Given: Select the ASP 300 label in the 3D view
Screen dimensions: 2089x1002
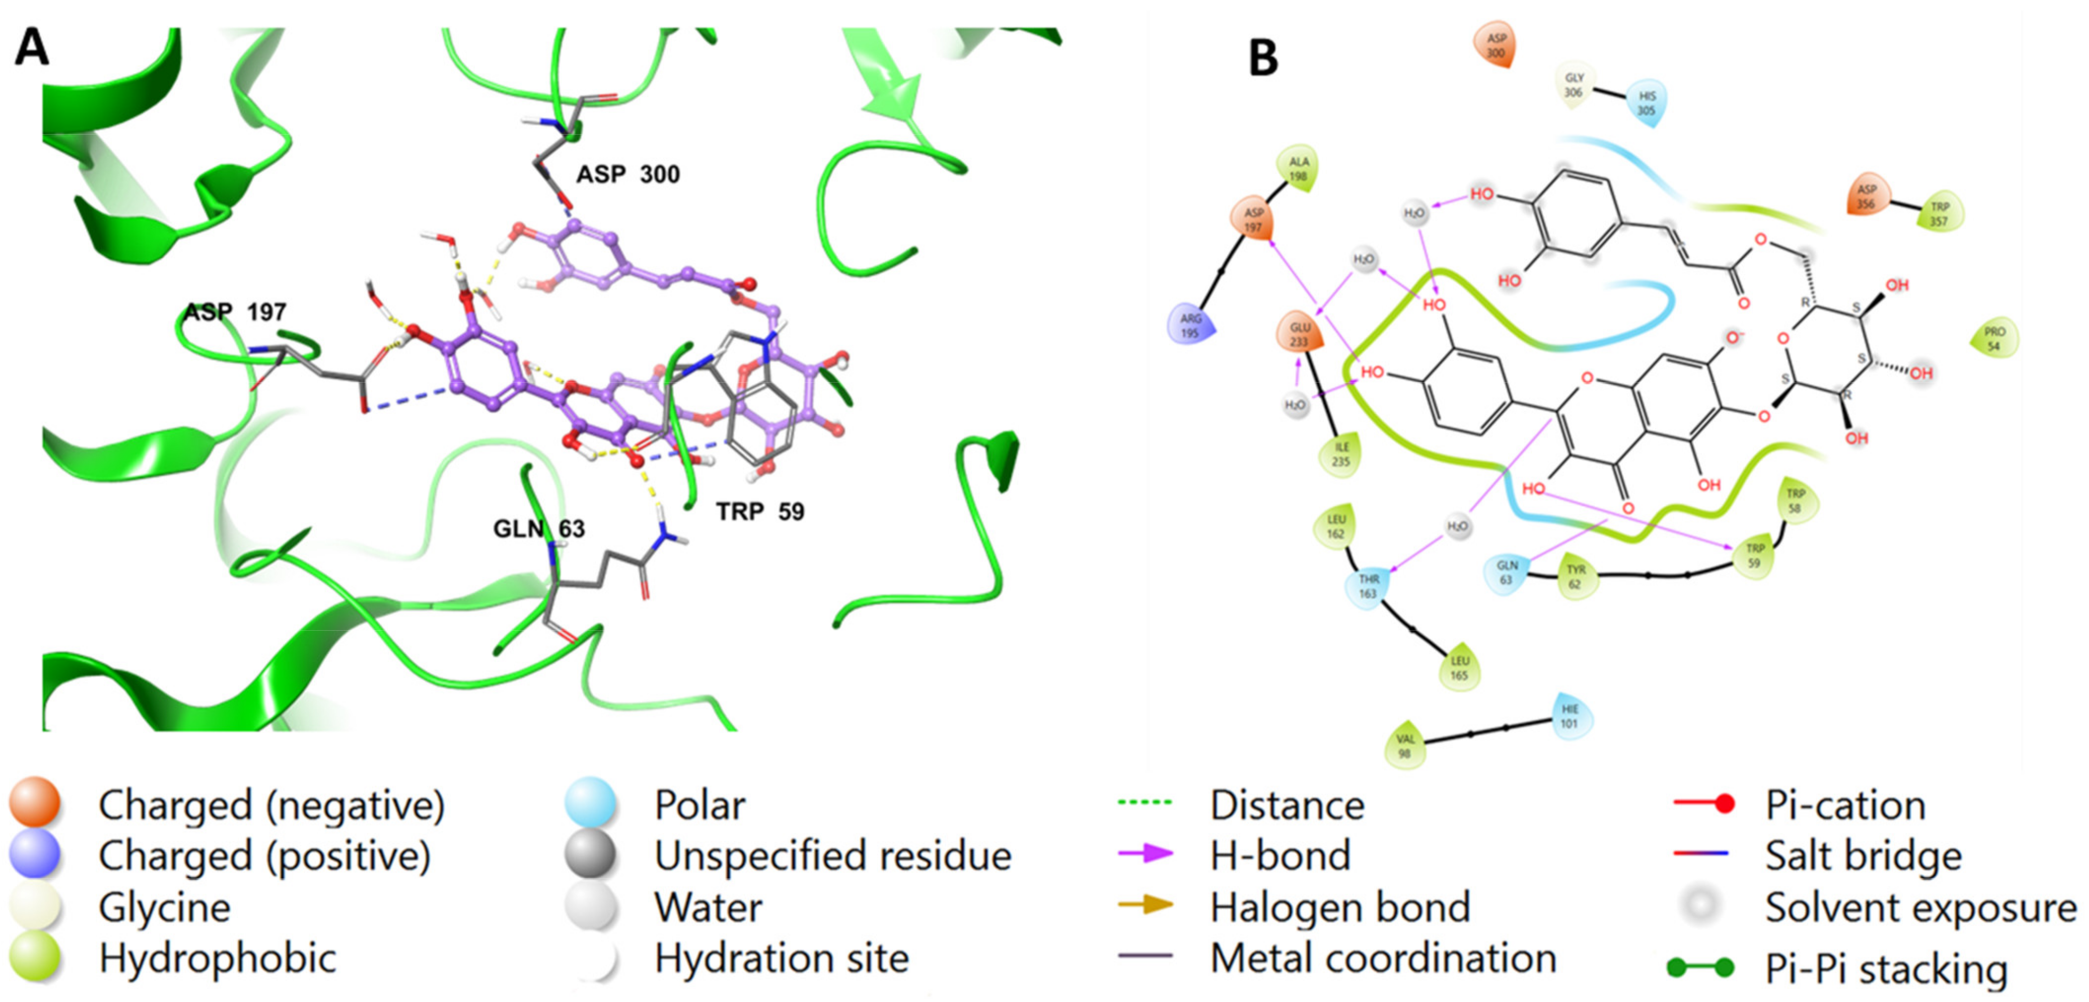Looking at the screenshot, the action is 628,174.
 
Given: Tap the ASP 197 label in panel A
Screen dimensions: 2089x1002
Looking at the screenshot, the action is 235,312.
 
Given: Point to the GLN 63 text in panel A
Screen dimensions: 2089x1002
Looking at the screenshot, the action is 539,530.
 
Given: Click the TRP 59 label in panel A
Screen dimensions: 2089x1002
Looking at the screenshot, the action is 760,511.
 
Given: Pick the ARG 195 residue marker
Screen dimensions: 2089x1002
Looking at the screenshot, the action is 1189,325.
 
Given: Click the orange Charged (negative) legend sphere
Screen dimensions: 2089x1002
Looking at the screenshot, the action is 35,803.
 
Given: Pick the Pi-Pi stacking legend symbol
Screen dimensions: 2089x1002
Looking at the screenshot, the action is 1700,966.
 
